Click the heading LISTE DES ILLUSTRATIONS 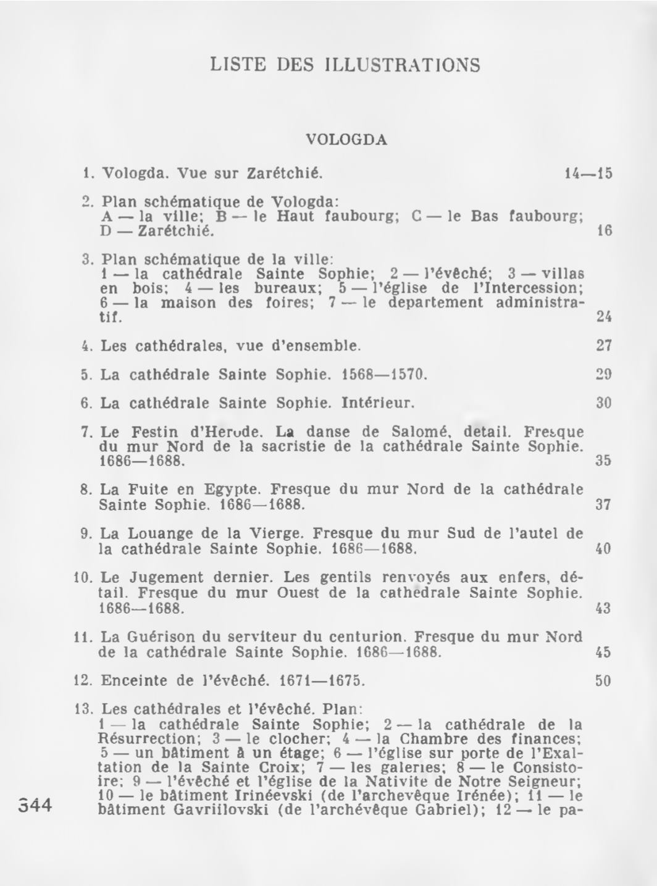(x=345, y=65)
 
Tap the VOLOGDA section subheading (x=346, y=140)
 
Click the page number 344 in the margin (x=36, y=806)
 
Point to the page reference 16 (x=604, y=232)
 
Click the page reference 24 (x=604, y=317)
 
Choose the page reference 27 (x=604, y=345)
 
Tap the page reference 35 (x=604, y=460)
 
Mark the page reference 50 (x=603, y=681)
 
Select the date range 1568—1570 (x=384, y=375)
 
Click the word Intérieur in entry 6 (x=377, y=404)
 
